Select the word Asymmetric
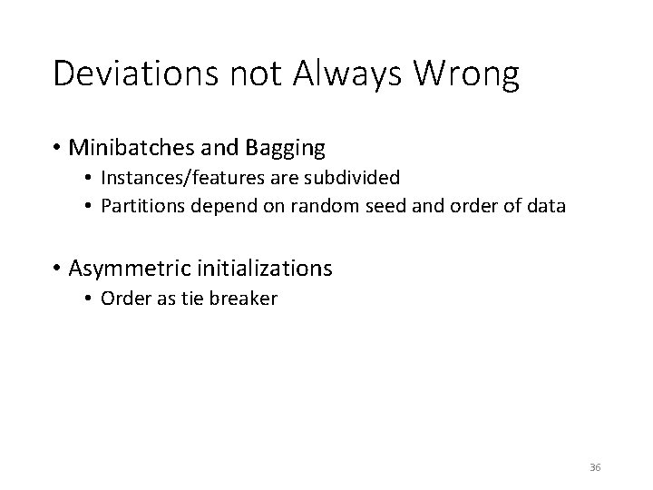(126, 269)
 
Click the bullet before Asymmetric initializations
(57, 269)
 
